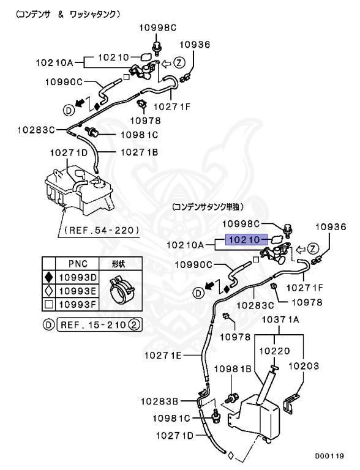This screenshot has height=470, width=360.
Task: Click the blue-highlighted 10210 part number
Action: tap(245, 240)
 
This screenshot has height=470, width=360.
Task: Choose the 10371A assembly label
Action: tap(281, 319)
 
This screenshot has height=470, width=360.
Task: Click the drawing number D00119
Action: tap(331, 456)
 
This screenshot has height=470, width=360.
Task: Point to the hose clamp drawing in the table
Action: tap(121, 291)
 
